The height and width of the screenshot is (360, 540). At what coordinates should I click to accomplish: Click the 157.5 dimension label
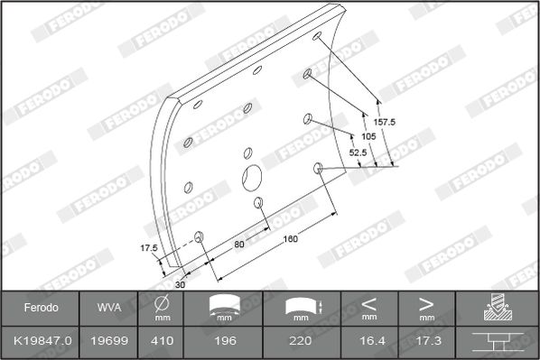point(385,122)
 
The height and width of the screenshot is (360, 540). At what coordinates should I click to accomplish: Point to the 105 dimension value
point(368,136)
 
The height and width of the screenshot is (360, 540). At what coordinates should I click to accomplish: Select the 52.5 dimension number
point(358,152)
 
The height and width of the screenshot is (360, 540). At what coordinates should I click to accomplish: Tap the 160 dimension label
point(291,239)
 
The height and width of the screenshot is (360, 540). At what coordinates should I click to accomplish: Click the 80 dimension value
point(239,244)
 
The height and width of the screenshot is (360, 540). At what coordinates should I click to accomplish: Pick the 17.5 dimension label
point(149,248)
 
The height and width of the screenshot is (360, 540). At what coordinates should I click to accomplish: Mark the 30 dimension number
point(180,284)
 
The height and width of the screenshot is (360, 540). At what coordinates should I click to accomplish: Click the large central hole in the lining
point(252,178)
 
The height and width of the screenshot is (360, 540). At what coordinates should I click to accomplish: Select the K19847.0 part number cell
point(42,341)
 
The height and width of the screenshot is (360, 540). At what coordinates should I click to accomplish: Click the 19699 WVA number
point(109,341)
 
